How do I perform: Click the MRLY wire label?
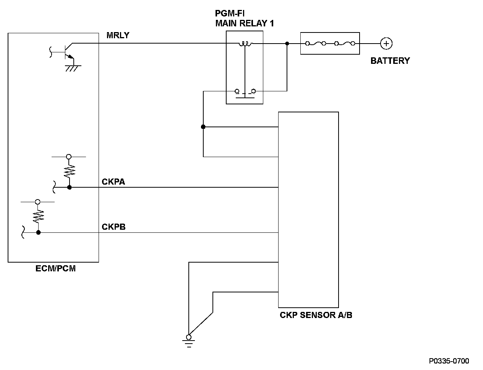tap(118, 36)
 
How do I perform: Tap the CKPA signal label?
tap(113, 181)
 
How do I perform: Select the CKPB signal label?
tap(113, 227)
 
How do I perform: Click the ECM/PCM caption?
tap(55, 268)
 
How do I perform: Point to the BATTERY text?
tap(390, 61)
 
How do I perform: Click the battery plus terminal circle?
tap(386, 44)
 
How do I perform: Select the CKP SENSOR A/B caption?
tap(316, 315)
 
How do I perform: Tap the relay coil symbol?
tap(245, 44)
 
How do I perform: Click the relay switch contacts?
tap(245, 92)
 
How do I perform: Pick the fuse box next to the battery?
tap(330, 44)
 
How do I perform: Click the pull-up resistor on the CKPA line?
tap(69, 171)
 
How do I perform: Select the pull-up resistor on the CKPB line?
tap(38, 216)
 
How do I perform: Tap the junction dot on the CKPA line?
tap(69, 187)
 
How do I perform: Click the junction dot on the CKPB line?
tap(38, 232)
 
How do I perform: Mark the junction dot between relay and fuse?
tap(287, 44)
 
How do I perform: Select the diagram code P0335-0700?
tap(449, 361)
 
